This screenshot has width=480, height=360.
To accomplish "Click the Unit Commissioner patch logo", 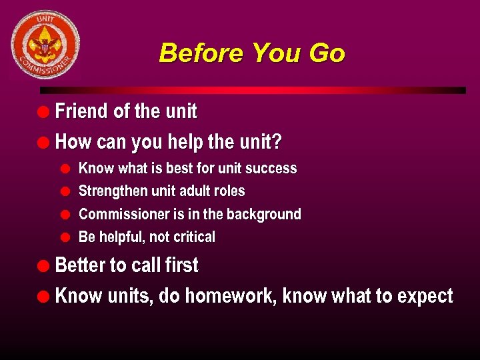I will pyautogui.click(x=45, y=45).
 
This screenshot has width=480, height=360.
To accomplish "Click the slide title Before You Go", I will pyautogui.click(x=251, y=53).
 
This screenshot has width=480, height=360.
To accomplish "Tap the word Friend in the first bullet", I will pyautogui.click(x=82, y=111).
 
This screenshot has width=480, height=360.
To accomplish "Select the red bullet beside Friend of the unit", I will pyautogui.click(x=45, y=111).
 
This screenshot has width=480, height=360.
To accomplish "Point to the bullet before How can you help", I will pyautogui.click(x=45, y=143).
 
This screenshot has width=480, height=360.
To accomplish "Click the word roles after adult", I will pyautogui.click(x=229, y=191).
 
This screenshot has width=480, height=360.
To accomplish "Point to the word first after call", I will pyautogui.click(x=181, y=265).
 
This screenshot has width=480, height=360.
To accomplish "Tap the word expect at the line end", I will pyautogui.click(x=425, y=297).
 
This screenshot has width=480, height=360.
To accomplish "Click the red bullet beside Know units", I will pyautogui.click(x=45, y=296).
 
